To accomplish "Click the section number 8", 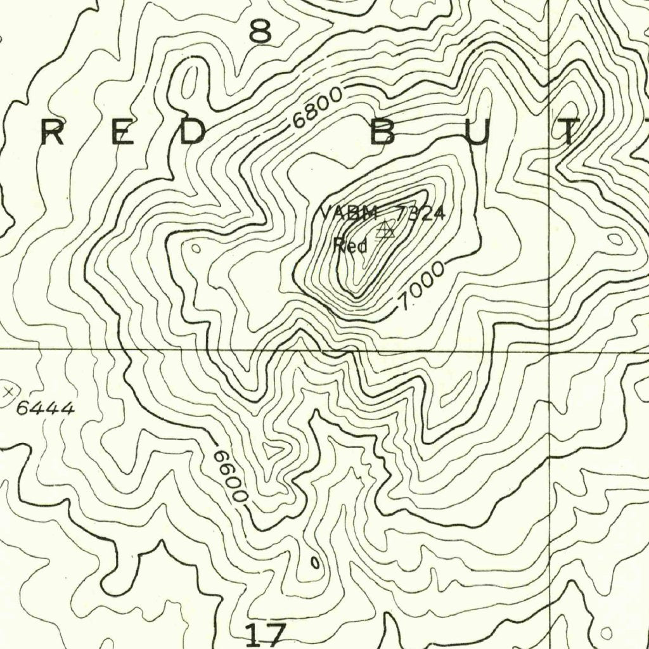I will pyautogui.click(x=260, y=31).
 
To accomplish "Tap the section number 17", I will pyautogui.click(x=266, y=634).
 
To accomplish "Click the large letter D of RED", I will pyautogui.click(x=191, y=132).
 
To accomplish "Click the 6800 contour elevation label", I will pyautogui.click(x=318, y=108).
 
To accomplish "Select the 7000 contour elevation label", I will pyautogui.click(x=421, y=287).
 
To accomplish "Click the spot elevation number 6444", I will pyautogui.click(x=45, y=409).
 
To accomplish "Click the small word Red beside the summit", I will pyautogui.click(x=350, y=245).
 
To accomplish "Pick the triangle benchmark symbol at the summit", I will pyautogui.click(x=385, y=230).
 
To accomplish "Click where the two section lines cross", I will pyautogui.click(x=548, y=349).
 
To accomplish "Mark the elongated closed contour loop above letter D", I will pyautogui.click(x=188, y=84).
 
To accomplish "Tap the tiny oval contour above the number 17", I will pyautogui.click(x=314, y=562).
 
